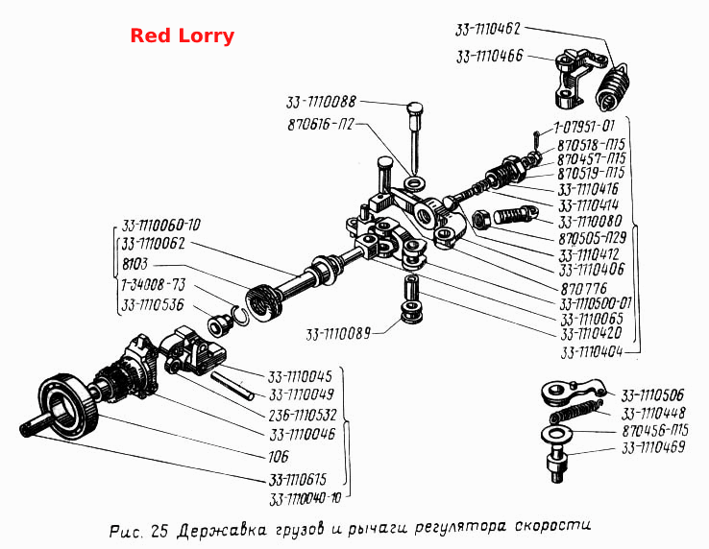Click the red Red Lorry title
183,36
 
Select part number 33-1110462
488,30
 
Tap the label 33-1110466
489,57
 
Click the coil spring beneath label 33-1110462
612,87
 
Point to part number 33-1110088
321,102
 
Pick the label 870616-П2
321,124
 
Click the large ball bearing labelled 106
69,408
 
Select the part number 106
278,456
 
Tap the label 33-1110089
338,334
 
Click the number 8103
134,263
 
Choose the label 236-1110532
303,415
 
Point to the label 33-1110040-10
305,499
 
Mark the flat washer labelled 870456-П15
556,434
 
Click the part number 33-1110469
653,447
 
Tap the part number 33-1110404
592,352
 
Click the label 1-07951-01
584,126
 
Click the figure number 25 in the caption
159,532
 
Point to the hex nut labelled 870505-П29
480,220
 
